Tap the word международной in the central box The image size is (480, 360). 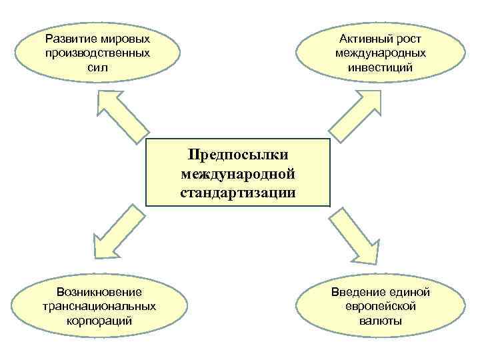pos(238,175)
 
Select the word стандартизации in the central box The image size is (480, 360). pos(238,193)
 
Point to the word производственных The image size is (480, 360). pos(98,53)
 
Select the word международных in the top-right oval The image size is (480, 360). pos(381,53)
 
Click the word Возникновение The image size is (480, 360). pos(99,293)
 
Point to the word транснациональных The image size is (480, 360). pos(99,307)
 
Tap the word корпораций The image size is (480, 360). pos(99,321)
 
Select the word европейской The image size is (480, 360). pos(381,307)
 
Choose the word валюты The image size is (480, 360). pos(381,321)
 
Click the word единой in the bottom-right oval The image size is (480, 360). pos(409,293)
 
